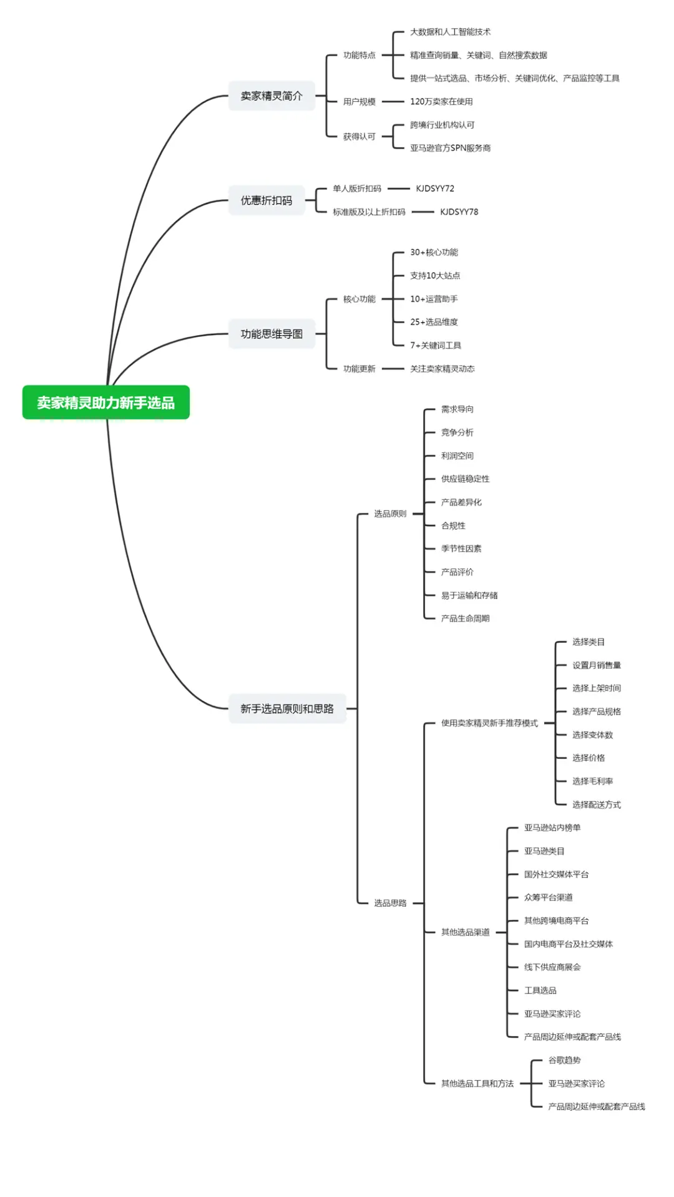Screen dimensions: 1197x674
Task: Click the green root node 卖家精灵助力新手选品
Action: click(105, 403)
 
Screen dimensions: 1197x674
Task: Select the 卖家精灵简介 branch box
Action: click(271, 95)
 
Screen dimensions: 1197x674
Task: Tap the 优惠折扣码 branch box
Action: click(266, 200)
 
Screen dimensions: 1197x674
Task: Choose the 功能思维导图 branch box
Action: click(271, 334)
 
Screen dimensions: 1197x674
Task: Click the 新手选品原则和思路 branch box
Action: click(287, 708)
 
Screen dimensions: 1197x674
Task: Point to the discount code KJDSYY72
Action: click(435, 188)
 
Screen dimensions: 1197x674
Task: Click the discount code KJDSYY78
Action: click(459, 212)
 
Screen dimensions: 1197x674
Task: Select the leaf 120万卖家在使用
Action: click(441, 101)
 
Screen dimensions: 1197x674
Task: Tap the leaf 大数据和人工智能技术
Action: click(450, 32)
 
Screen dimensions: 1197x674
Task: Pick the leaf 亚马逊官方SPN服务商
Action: click(450, 148)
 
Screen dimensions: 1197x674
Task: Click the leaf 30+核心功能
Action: click(434, 252)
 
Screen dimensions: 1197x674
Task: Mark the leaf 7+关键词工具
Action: click(436, 345)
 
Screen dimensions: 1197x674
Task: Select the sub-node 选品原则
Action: click(390, 514)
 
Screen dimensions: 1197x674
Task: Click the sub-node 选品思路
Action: click(390, 903)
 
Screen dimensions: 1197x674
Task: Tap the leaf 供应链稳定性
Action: click(465, 479)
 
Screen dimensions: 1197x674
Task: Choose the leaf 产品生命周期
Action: click(465, 618)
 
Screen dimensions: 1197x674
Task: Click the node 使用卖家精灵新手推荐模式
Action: click(489, 723)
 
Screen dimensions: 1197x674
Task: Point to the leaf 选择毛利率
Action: click(592, 781)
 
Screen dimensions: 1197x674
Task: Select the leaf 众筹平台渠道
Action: click(548, 897)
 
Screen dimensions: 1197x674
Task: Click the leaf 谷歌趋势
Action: click(564, 1060)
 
